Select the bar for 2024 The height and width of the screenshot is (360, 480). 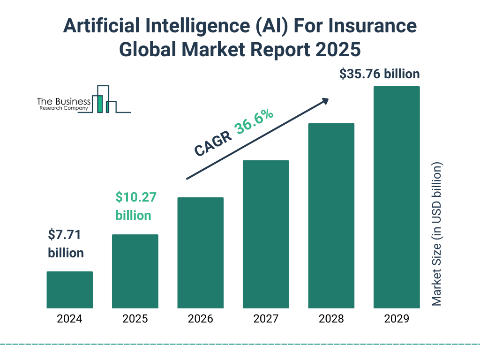69,290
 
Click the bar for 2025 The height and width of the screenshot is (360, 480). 135,271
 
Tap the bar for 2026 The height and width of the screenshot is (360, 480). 200,253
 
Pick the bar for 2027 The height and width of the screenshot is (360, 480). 266,234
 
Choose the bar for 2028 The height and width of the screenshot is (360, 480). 331,216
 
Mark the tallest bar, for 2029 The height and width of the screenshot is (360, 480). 397,197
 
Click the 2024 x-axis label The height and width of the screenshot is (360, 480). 69,319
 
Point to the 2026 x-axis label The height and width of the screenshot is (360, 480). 200,319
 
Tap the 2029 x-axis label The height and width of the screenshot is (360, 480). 397,319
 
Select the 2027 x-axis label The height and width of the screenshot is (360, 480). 266,319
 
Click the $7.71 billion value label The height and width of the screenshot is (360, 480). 66,244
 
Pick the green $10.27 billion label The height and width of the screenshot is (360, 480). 135,206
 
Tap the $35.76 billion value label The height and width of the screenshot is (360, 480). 379,74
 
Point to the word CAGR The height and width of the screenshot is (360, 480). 213,143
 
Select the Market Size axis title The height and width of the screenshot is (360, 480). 436,234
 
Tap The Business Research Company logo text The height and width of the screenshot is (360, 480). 63,105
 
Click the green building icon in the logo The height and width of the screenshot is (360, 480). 99,104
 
